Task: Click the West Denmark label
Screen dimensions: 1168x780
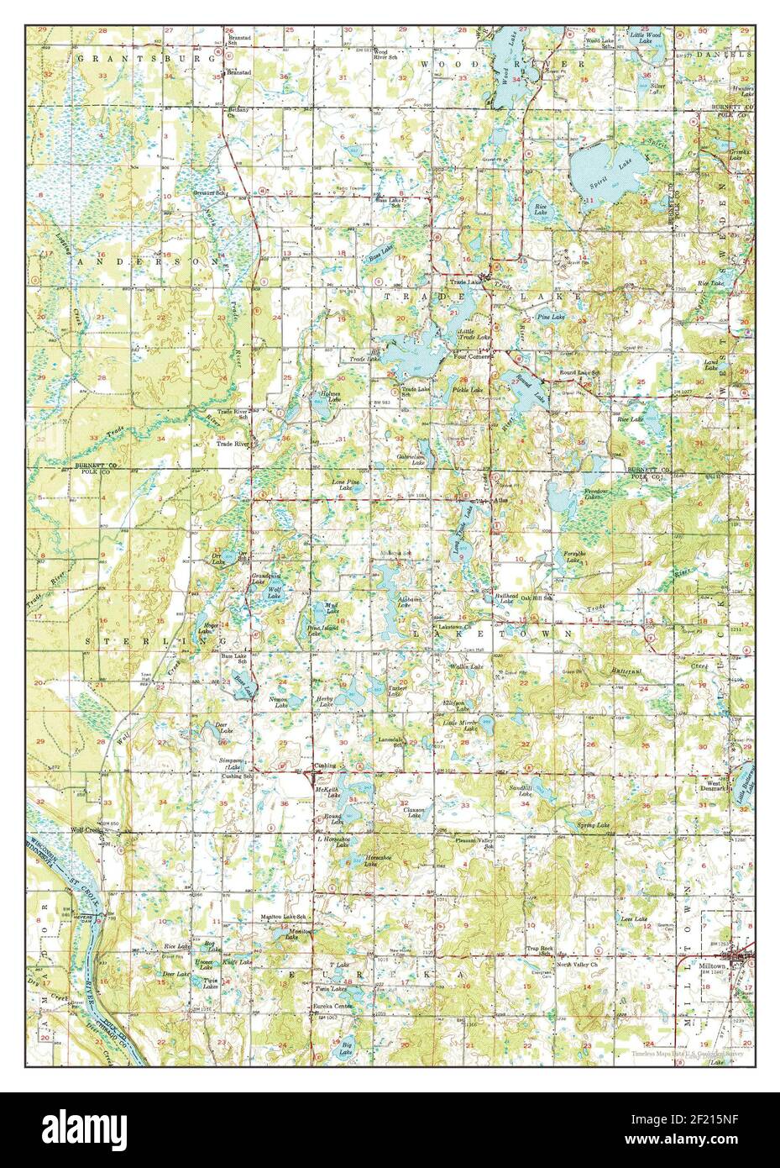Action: tap(713, 785)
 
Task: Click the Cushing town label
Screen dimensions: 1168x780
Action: tap(324, 766)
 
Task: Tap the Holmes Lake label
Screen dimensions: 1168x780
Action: tap(329, 396)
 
